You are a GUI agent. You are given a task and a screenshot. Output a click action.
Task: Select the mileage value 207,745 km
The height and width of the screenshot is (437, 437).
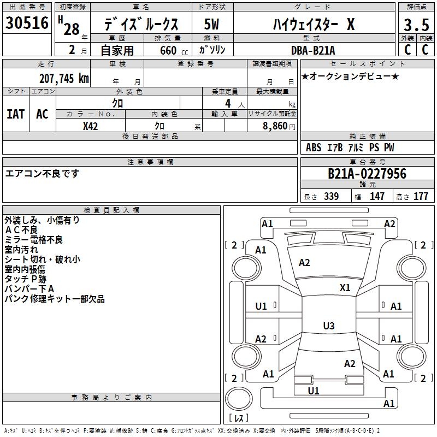click(x=64, y=78)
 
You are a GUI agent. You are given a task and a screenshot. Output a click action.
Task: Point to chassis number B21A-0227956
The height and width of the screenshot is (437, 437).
click(x=367, y=174)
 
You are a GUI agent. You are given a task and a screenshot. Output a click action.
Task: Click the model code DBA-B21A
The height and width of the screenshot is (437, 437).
click(x=313, y=50)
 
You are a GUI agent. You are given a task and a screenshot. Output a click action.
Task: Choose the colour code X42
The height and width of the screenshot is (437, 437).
click(x=90, y=126)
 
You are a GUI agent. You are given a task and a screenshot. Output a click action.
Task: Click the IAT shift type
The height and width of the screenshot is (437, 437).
click(x=15, y=114)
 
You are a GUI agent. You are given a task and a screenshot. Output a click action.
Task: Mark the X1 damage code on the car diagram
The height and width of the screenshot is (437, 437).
click(x=345, y=287)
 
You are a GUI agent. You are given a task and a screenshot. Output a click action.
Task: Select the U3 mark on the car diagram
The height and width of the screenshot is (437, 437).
click(x=328, y=326)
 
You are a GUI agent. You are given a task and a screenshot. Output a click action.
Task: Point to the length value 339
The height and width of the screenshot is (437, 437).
click(x=331, y=196)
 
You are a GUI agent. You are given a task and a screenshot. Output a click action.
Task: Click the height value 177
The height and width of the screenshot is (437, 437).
click(x=421, y=196)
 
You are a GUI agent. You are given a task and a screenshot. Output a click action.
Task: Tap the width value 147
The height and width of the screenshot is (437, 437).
click(x=377, y=196)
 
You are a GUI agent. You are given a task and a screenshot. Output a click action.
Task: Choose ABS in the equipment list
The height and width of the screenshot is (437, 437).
click(x=314, y=147)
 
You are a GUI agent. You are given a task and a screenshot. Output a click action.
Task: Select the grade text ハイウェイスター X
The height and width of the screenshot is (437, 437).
click(x=314, y=25)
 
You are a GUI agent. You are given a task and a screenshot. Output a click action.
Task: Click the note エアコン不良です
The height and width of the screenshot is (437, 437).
click(x=43, y=174)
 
